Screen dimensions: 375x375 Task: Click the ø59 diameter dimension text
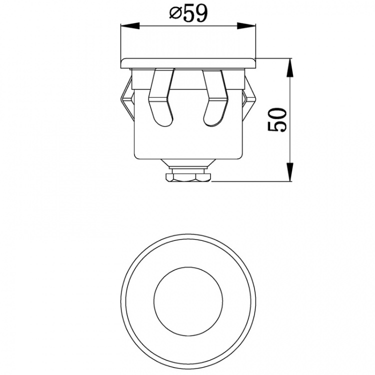(188, 13)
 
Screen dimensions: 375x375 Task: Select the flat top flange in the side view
(188, 62)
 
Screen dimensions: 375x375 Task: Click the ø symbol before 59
(174, 14)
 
